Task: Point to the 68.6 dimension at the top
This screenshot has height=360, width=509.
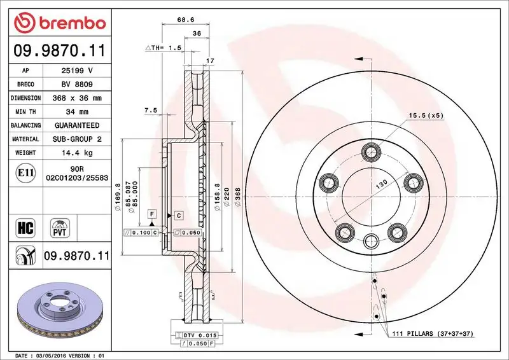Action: [186, 20]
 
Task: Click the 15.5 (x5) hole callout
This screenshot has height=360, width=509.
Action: [426, 115]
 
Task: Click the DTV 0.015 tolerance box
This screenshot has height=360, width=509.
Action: [202, 335]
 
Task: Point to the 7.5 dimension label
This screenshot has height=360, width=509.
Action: [151, 110]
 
